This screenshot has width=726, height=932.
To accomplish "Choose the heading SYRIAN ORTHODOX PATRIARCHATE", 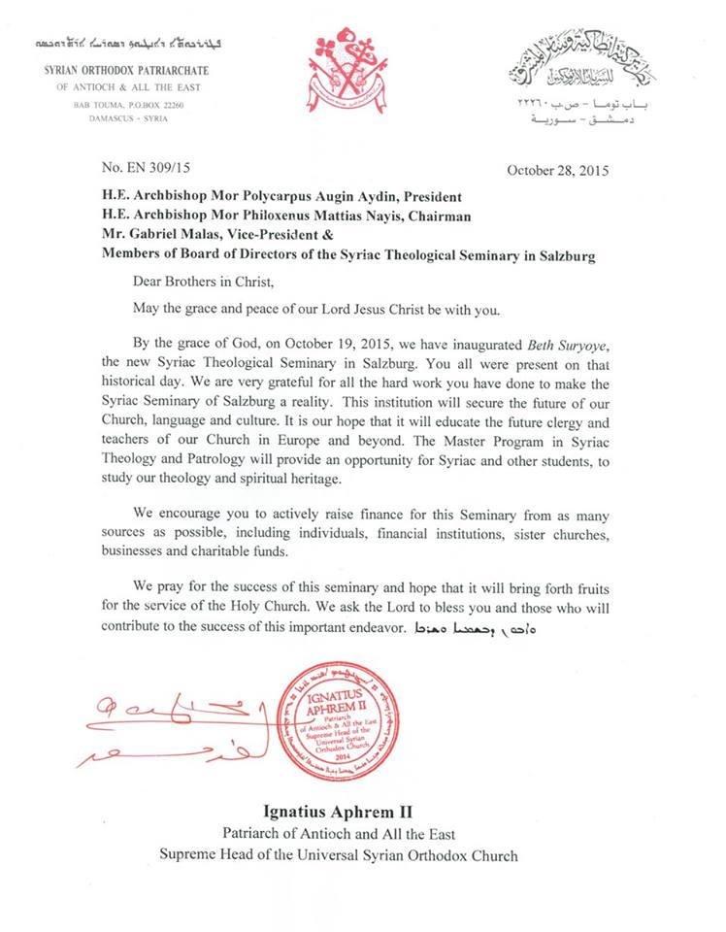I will point(125,71).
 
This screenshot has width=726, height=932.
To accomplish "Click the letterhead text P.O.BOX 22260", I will point(154,104).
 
